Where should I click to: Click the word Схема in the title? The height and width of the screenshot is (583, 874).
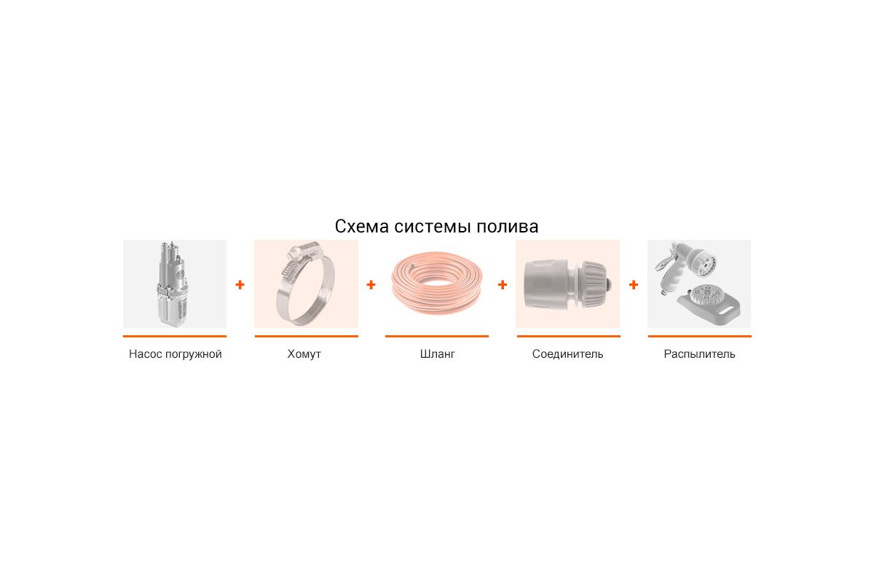click(362, 226)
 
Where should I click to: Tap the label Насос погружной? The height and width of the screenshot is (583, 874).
click(175, 354)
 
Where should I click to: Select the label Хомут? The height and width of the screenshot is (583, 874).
click(304, 354)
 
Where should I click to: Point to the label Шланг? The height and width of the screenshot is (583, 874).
click(437, 354)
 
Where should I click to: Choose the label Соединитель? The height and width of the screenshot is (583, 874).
click(567, 354)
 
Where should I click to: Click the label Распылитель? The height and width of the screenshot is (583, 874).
click(699, 354)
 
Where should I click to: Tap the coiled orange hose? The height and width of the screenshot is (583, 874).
click(437, 284)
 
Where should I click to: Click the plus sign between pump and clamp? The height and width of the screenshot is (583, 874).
click(240, 285)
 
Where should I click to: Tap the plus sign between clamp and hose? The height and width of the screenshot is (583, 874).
click(371, 285)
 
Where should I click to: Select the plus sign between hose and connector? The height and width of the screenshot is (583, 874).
click(502, 285)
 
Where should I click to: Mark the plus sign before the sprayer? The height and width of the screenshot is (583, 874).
click(633, 285)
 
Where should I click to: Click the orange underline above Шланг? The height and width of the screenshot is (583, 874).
click(437, 336)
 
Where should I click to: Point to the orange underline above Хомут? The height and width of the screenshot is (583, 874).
click(306, 336)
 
